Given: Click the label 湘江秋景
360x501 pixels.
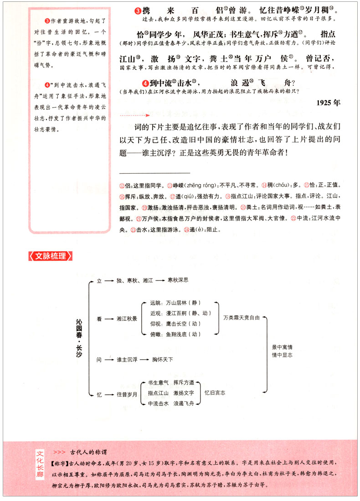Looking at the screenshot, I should [127, 319].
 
